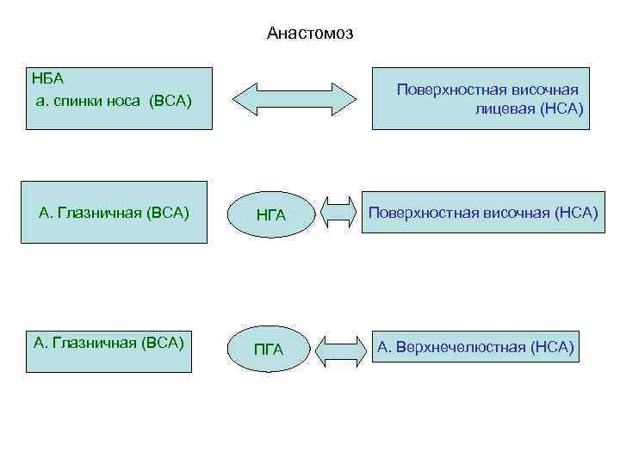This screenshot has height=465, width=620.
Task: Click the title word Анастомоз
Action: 310,34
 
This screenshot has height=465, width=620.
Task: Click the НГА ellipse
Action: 270,213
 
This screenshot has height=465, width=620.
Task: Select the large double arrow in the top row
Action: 294,98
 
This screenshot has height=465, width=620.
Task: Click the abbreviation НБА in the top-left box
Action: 48,79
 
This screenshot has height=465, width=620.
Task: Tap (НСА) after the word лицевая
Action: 561,108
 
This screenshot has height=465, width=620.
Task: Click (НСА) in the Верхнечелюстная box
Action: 552,347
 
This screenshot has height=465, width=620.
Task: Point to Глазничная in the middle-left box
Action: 101,212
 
